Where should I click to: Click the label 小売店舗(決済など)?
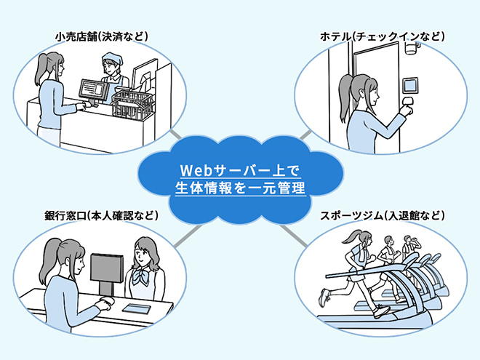click(x=102, y=37)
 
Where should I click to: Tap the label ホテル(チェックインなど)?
click(x=382, y=37)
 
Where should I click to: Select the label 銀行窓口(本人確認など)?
click(x=101, y=215)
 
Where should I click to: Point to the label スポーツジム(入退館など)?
click(x=382, y=215)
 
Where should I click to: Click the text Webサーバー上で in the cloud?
click(x=240, y=170)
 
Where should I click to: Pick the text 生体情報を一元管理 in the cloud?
click(x=240, y=188)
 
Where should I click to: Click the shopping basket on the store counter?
click(x=132, y=104)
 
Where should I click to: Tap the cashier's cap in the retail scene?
click(x=112, y=58)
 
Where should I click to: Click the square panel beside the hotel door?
click(x=410, y=85)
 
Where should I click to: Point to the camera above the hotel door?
click(x=412, y=48)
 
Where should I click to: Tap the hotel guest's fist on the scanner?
click(x=406, y=110)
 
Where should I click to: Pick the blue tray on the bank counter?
click(x=137, y=308)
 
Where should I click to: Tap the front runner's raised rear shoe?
click(x=324, y=297)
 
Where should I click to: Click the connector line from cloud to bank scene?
click(x=188, y=236)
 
